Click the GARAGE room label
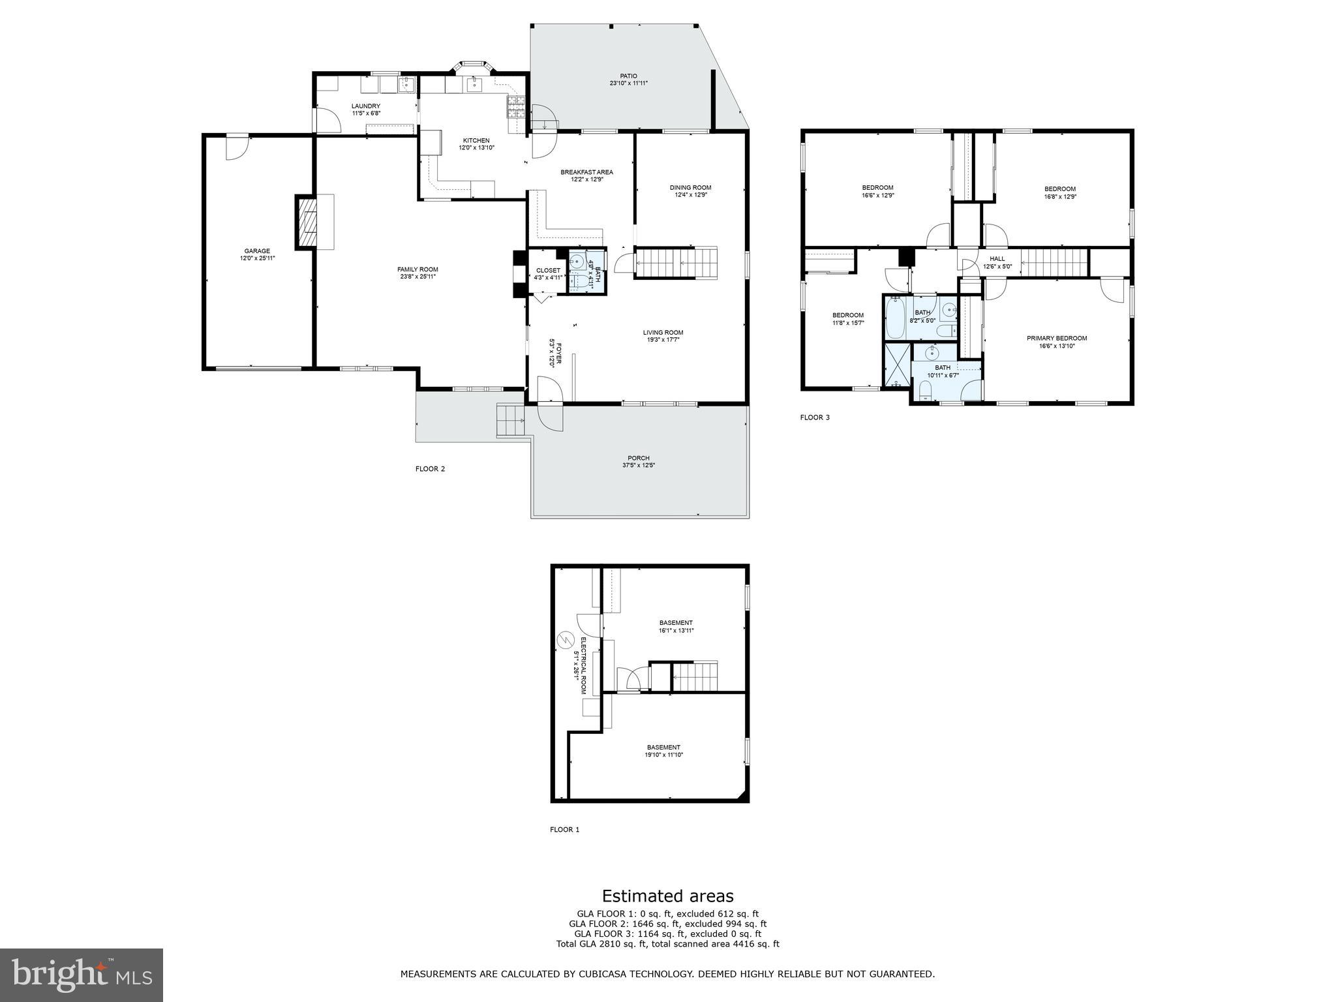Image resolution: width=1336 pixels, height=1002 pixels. tap(257, 251)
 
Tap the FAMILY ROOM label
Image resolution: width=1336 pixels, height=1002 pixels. tap(417, 269)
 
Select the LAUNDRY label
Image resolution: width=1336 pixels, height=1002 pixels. tap(365, 106)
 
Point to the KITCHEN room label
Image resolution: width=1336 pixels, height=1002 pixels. tap(476, 140)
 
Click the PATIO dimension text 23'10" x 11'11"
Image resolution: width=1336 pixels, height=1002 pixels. tap(628, 83)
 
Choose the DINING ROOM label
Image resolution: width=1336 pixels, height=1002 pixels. tap(690, 188)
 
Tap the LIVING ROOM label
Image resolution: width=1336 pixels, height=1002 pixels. tap(663, 333)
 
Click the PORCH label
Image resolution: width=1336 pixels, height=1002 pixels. tap(639, 458)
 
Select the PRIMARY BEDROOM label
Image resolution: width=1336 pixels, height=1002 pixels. tap(1057, 338)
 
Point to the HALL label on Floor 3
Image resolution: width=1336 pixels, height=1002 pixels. tap(997, 259)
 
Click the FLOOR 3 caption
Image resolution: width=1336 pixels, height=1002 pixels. tap(815, 417)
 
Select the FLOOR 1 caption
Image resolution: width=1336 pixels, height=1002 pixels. tap(564, 830)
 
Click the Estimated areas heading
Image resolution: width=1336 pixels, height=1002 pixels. tap(667, 896)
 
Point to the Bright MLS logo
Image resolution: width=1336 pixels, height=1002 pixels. tap(82, 975)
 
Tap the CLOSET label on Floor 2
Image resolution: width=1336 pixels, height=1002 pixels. tap(548, 271)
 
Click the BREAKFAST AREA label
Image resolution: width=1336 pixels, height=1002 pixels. tap(586, 172)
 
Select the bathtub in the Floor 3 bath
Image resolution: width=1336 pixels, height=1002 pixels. tap(894, 318)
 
